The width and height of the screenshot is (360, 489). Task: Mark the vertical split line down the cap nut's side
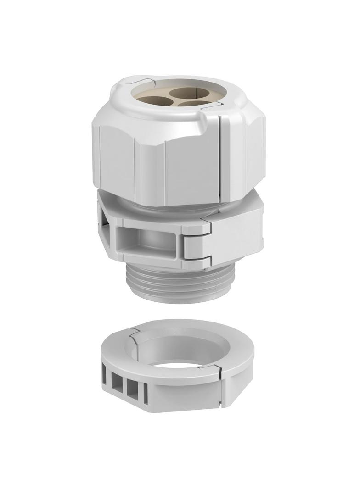[220, 156]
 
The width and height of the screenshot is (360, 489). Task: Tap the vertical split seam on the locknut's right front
[222, 390]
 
